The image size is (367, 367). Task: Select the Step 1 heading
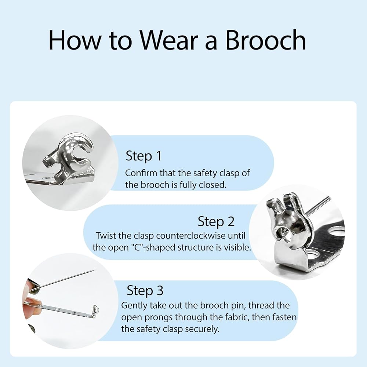point(144,156)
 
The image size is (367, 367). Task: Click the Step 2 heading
point(216,221)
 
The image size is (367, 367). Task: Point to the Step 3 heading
point(145,290)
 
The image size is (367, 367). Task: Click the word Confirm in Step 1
point(141,173)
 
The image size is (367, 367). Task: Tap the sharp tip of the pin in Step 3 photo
point(94,270)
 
